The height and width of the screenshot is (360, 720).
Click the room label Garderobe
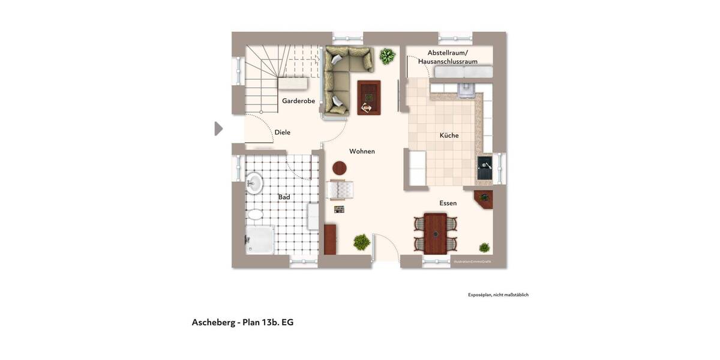coord(298,101)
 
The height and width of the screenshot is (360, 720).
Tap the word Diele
coord(282,132)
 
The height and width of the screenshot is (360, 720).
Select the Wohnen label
coord(362,151)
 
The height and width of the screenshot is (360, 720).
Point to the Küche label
coord(449,136)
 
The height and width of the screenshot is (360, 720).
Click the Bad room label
coord(284,197)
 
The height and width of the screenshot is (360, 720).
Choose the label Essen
coord(448,203)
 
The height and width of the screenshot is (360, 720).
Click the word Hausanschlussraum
coord(448,61)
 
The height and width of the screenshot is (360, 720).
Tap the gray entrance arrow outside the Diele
coord(218,128)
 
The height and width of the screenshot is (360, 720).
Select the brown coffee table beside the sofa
coord(368,97)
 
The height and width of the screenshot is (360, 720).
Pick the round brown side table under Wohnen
coord(340,168)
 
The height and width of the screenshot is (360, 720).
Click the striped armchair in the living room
coord(340,190)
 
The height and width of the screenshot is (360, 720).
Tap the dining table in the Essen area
coord(435,233)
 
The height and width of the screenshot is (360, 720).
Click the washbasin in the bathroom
coord(254,183)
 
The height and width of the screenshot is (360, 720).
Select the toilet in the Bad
coord(255,214)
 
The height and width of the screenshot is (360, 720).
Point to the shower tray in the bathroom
coord(260,239)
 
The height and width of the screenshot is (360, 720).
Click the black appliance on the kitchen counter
coord(484,168)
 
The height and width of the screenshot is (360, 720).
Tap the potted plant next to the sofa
coord(387,56)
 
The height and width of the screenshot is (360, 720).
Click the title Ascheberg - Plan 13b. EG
coord(242,322)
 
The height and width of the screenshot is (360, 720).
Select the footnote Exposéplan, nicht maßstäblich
coord(498,295)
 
